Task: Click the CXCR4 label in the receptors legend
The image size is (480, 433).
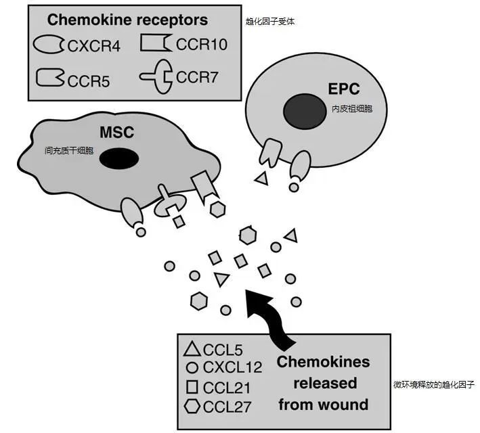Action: [94, 46]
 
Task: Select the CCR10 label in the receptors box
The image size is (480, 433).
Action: [201, 45]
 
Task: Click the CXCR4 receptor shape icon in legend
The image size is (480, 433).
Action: [49, 45]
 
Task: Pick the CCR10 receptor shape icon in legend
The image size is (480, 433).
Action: [156, 44]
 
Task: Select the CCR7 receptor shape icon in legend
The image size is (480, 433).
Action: [157, 76]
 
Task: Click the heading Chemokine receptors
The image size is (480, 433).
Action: [127, 20]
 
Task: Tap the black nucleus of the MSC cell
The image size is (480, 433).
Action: [119, 158]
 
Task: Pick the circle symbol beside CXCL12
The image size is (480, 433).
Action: [192, 369]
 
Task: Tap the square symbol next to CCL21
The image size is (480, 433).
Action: [192, 387]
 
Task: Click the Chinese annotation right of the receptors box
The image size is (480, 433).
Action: [270, 22]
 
